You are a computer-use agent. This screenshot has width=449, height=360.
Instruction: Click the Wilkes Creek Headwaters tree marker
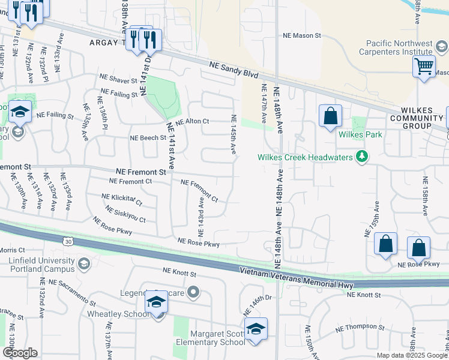(x=361, y=157)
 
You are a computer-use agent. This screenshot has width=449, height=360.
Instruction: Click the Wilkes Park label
(x=360, y=134)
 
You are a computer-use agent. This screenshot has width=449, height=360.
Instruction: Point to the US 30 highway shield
(x=69, y=241)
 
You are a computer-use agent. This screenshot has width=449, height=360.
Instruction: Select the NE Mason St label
(x=303, y=36)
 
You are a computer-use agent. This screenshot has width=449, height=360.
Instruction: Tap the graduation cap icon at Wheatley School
(x=156, y=302)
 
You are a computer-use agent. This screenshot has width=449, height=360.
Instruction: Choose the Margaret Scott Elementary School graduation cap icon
(x=256, y=329)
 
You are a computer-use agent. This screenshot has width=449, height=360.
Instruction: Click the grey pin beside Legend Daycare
(x=193, y=293)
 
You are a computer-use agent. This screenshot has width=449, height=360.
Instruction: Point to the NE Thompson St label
(x=360, y=327)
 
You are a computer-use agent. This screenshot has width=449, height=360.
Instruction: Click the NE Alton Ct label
(x=192, y=121)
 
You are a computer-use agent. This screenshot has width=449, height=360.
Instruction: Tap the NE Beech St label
(x=148, y=137)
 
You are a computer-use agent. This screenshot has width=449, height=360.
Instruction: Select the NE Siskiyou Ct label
(x=125, y=215)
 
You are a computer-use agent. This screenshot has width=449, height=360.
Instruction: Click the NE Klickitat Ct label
(x=122, y=199)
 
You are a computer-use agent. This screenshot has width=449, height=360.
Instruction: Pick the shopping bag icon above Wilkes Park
(x=331, y=116)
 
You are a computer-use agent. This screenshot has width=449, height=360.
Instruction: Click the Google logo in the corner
(x=20, y=353)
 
